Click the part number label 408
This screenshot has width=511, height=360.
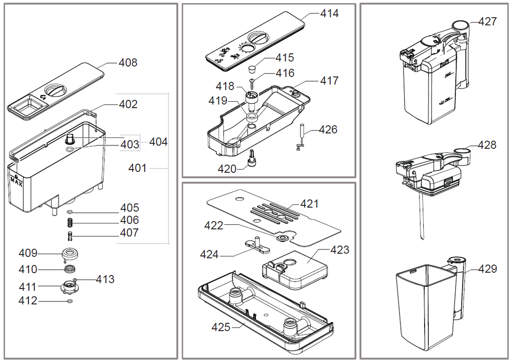[128, 62]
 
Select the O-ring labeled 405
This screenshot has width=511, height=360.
[69, 212]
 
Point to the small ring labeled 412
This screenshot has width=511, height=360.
[69, 301]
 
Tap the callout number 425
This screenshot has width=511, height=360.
[221, 327]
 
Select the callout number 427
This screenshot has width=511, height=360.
[487, 21]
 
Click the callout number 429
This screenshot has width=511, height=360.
[487, 269]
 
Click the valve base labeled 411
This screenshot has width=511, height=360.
[69, 286]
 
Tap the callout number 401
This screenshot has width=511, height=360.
[138, 168]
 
